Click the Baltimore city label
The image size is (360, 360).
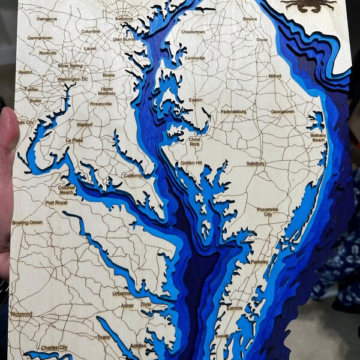[124, 18]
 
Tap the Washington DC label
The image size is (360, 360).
[73, 79]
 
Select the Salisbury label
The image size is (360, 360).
[256, 163]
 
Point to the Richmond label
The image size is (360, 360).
[22, 314]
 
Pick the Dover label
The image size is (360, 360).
[262, 40]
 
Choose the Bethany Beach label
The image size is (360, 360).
[318, 138]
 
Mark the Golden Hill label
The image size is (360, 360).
[191, 163]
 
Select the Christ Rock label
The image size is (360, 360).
[194, 142]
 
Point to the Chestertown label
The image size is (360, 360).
[193, 31]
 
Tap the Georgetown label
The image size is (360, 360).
[283, 111]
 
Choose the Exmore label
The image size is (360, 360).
[235, 308]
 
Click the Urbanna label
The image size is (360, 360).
[122, 293]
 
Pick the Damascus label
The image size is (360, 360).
[47, 19]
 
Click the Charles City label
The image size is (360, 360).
[55, 347]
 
